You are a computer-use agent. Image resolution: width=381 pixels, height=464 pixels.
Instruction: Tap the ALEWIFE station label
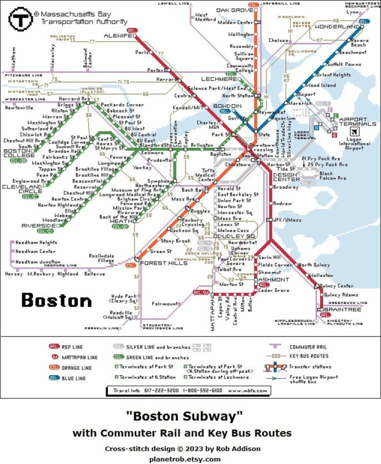click(x=117, y=35)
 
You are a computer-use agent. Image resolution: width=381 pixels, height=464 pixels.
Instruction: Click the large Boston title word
click(x=56, y=300)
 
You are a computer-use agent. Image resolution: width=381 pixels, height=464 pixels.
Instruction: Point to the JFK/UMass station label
click(x=288, y=220)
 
